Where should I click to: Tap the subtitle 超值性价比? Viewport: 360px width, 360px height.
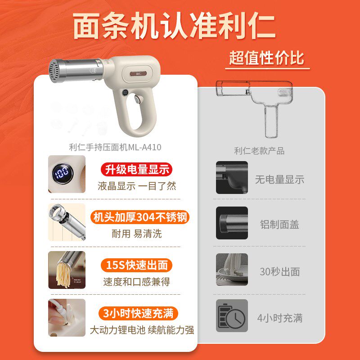[x=267, y=58]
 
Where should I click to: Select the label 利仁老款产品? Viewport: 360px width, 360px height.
[x=259, y=151]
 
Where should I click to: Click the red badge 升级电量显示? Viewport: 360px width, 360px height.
[x=135, y=170]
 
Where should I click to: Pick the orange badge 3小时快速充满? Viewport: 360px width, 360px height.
[x=138, y=313]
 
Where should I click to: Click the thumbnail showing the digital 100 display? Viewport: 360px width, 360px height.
[x=66, y=174]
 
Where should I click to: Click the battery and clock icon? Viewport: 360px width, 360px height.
[x=232, y=316]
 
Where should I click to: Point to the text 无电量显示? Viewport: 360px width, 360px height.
[x=280, y=180]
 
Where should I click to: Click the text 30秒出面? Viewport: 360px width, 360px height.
[x=279, y=272]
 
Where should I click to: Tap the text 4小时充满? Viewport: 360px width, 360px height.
[x=280, y=318]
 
